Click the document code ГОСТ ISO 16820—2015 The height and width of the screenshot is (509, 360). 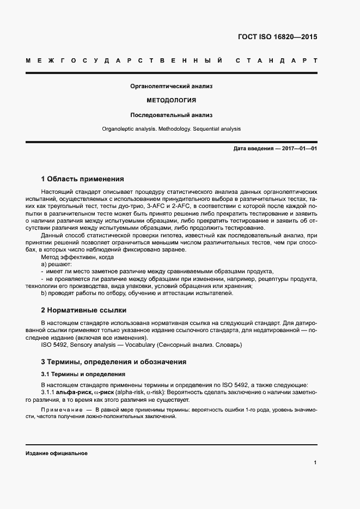pos(277,38)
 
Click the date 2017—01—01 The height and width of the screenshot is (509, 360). pos(296,149)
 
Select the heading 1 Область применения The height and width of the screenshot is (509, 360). pos(83,179)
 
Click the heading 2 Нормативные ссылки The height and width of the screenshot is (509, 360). pos(84,310)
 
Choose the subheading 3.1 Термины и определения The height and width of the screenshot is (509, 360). pos(83,375)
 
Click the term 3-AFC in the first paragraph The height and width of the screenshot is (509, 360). pos(155,208)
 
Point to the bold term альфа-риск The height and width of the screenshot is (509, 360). pos(77,392)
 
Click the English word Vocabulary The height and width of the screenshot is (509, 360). pos(139,345)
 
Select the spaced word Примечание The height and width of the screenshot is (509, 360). pos(60,409)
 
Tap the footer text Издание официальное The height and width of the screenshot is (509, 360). pos(57,453)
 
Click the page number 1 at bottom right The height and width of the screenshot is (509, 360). pos(315,463)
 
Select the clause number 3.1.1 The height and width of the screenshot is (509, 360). pos(50,392)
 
